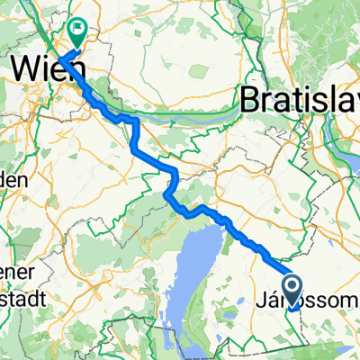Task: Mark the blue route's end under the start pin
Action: pyautogui.click(x=295, y=307)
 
